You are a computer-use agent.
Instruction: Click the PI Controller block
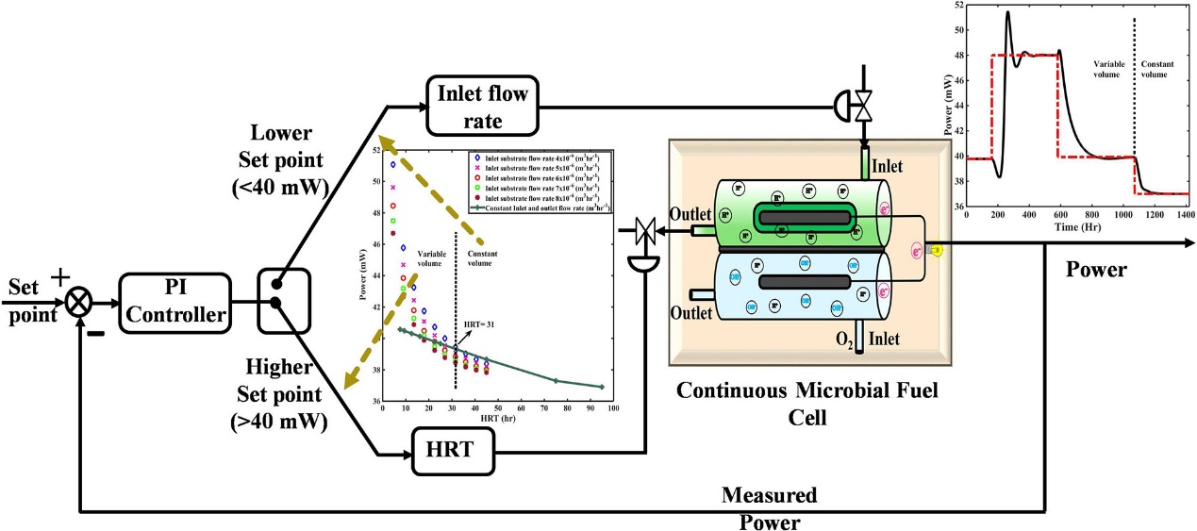[x=175, y=303]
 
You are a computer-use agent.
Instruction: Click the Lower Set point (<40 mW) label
[x=283, y=159]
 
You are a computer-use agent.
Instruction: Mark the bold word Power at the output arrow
[x=1095, y=271]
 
